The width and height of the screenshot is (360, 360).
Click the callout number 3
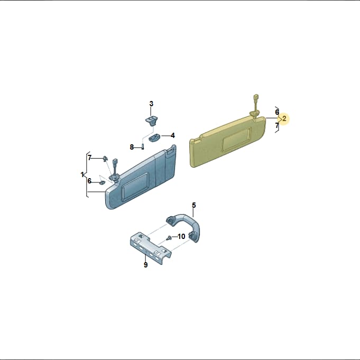pyautogui.click(x=151, y=104)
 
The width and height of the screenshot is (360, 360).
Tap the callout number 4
pyautogui.click(x=173, y=135)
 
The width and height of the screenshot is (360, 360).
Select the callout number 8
pyautogui.click(x=132, y=147)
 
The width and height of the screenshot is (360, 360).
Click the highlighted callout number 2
pyautogui.click(x=284, y=119)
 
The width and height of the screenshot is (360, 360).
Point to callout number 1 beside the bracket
pyautogui.click(x=82, y=175)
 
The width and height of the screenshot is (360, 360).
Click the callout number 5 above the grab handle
pyautogui.click(x=194, y=205)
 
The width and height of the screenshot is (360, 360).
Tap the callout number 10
pyautogui.click(x=181, y=236)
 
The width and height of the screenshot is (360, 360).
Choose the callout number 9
pyautogui.click(x=145, y=265)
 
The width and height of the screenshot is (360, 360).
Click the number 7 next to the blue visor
pyautogui.click(x=90, y=158)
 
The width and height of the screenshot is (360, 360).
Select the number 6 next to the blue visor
pyautogui.click(x=89, y=181)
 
